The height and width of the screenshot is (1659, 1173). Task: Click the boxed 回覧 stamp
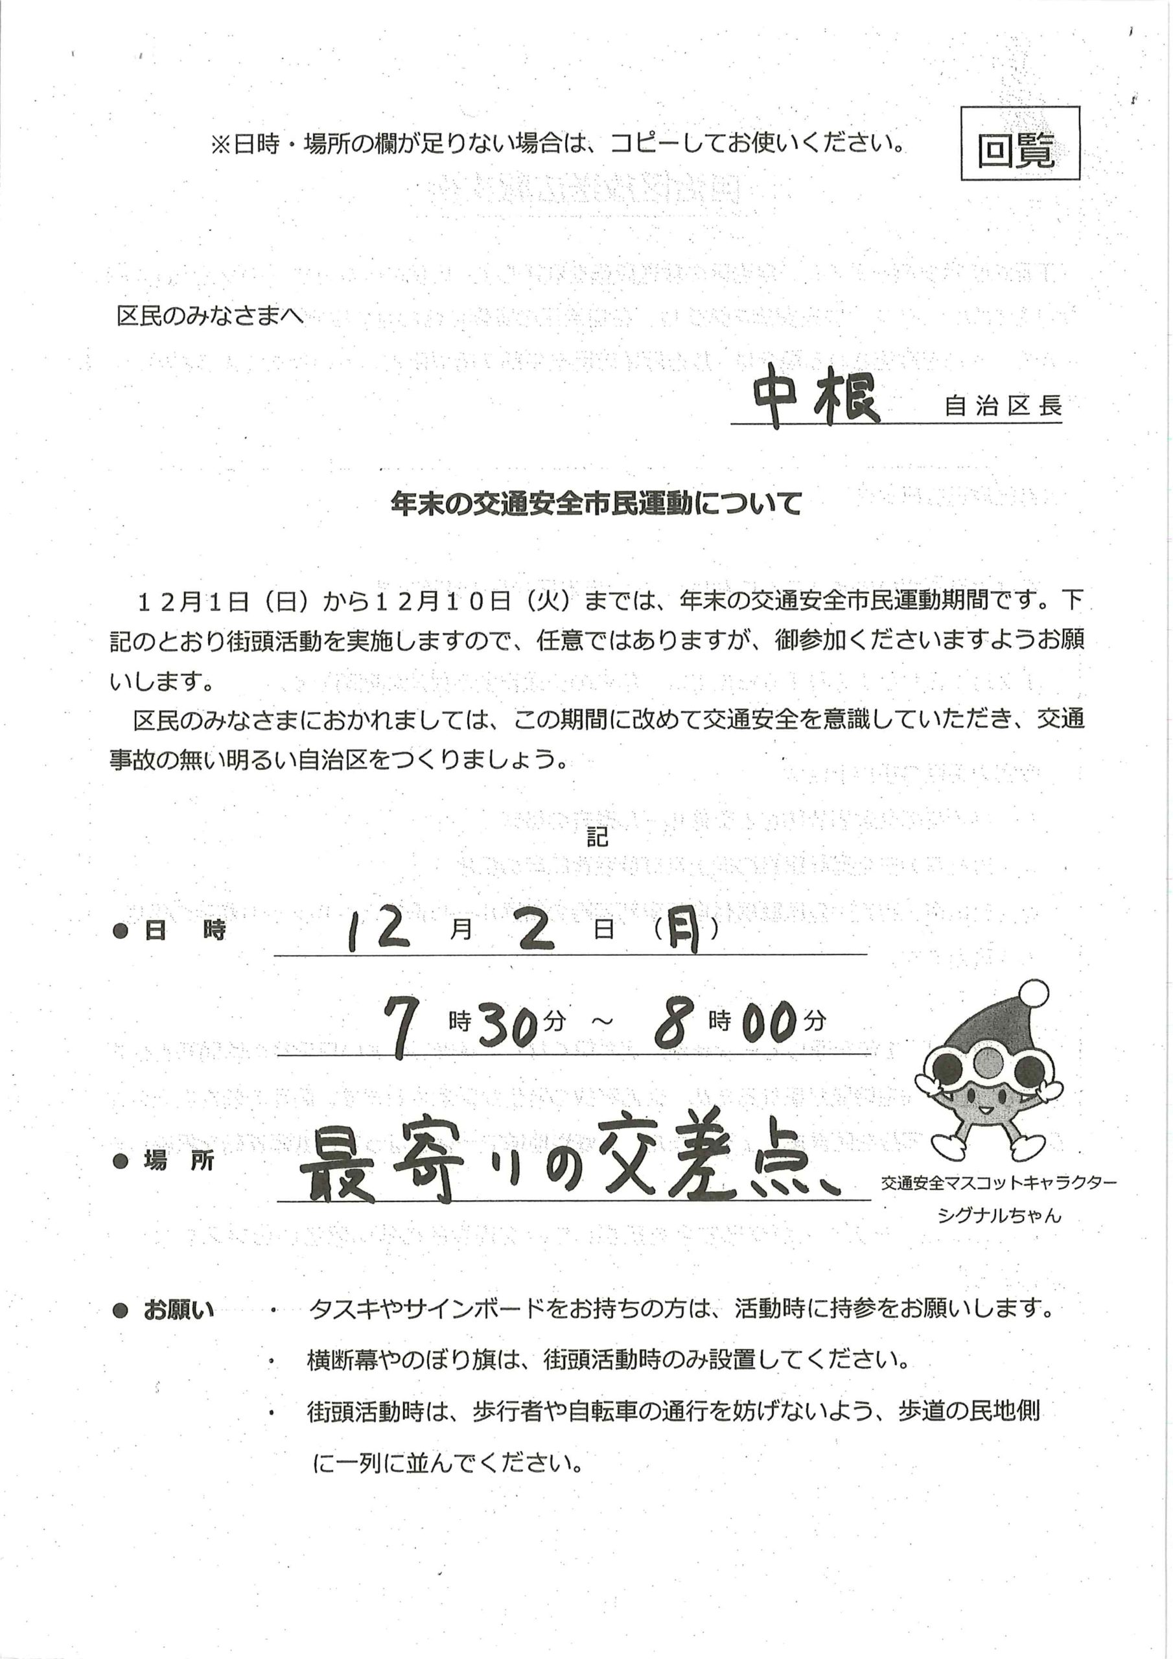tap(1019, 143)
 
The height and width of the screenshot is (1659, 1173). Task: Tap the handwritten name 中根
tap(815, 400)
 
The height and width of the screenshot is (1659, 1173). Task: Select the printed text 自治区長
tap(1003, 406)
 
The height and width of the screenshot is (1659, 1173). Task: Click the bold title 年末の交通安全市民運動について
tap(596, 504)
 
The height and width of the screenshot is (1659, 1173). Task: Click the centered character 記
tap(597, 837)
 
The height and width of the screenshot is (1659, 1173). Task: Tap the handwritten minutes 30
tap(509, 1025)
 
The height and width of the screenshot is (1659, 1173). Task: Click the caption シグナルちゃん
tap(999, 1215)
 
